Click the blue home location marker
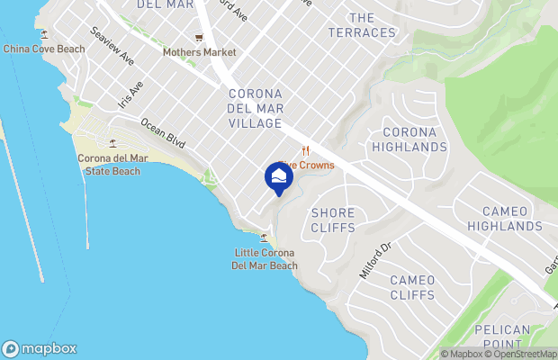click(278, 178)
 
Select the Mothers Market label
click(199, 52)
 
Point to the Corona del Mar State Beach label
click(112, 165)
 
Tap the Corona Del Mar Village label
click(256, 108)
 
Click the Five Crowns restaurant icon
click(305, 150)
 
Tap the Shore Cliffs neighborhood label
click(333, 221)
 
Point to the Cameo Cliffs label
click(412, 287)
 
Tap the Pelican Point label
click(502, 337)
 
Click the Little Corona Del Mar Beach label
click(265, 258)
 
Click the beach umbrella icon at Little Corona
click(264, 238)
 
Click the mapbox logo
click(40, 348)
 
